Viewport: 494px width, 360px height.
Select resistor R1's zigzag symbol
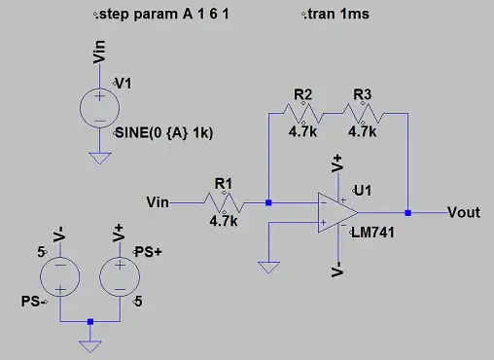pyautogui.click(x=223, y=202)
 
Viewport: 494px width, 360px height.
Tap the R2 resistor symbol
pyautogui.click(x=302, y=113)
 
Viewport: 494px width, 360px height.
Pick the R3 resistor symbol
pyautogui.click(x=363, y=113)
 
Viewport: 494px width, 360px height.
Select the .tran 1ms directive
pyautogui.click(x=335, y=16)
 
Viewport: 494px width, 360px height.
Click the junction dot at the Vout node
pyautogui.click(x=408, y=212)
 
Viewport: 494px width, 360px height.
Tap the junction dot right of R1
pyautogui.click(x=267, y=202)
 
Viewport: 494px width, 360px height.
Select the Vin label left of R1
pyautogui.click(x=157, y=202)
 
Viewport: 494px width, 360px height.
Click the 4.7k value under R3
pyautogui.click(x=363, y=129)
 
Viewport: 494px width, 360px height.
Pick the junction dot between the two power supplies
pyautogui.click(x=89, y=321)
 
